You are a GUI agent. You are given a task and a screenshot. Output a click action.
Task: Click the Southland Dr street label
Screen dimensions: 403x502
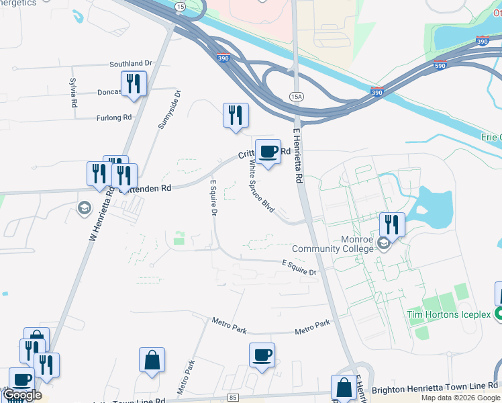click(132, 64)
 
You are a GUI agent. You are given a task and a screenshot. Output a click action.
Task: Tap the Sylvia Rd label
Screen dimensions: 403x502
click(73, 88)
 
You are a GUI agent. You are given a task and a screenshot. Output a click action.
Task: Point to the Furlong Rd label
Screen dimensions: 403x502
click(113, 117)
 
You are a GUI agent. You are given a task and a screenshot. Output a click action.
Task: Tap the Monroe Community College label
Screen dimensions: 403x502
click(332, 244)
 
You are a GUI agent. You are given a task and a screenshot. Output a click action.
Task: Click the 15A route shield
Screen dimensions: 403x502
click(296, 97)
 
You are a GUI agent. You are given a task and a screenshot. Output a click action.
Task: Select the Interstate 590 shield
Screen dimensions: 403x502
click(440, 65)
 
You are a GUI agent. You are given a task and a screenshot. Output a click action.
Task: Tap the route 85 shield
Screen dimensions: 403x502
click(233, 398)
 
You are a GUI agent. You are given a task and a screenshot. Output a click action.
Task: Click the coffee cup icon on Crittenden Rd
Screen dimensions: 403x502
click(268, 152)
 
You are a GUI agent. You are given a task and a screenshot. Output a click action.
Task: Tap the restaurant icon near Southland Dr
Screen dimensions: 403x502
click(133, 84)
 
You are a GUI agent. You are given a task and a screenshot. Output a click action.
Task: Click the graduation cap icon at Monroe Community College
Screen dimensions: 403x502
click(383, 243)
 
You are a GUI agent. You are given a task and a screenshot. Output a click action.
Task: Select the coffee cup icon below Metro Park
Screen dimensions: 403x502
click(262, 355)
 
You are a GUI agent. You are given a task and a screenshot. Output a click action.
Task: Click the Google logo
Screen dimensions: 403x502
click(22, 395)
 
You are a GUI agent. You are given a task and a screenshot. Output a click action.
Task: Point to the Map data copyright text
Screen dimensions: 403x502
click(460, 398)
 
